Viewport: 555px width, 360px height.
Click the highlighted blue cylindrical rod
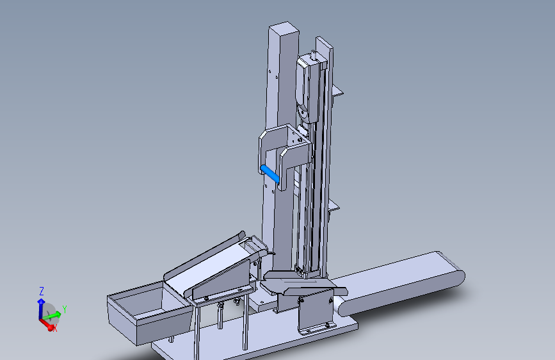click(x=269, y=174)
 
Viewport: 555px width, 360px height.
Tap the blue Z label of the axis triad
click(x=42, y=291)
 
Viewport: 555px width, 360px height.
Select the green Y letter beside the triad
click(x=65, y=309)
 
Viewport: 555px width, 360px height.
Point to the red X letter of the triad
click(x=55, y=329)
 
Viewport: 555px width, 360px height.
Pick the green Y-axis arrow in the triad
click(x=52, y=315)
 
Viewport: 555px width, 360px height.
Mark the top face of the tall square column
click(x=284, y=28)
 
